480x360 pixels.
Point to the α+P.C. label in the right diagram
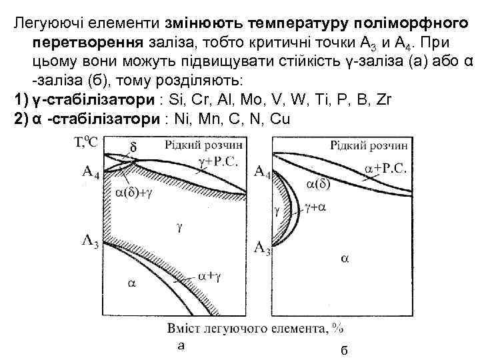click(x=386, y=168)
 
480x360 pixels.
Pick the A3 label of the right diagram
click(x=262, y=249)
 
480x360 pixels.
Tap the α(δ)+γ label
click(x=136, y=193)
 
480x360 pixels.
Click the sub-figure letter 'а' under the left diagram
click(x=180, y=345)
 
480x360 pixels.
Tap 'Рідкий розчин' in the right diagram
click(x=370, y=145)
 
